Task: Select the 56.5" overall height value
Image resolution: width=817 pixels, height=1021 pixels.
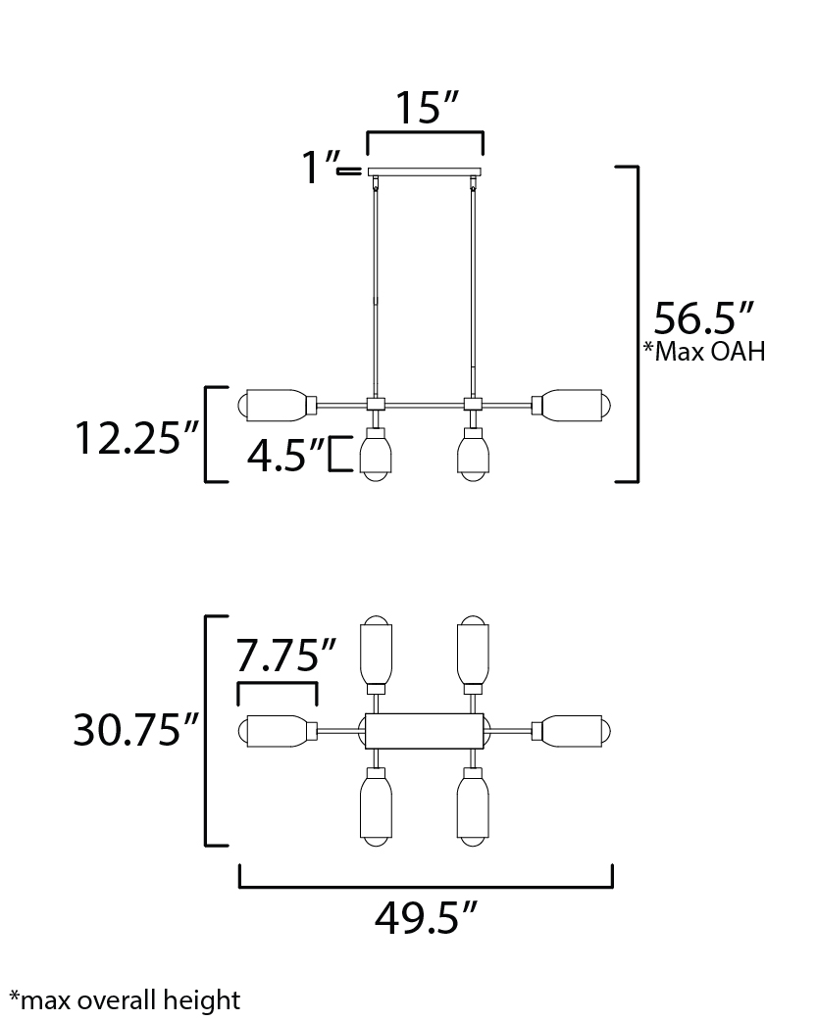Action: (x=703, y=318)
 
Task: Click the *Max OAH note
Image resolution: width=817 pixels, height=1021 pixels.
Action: (x=704, y=352)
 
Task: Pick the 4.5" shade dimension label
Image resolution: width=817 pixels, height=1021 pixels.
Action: (x=285, y=455)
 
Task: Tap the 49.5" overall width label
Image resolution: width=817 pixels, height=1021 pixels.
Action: (x=427, y=918)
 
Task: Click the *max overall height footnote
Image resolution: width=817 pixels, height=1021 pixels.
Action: (x=125, y=1000)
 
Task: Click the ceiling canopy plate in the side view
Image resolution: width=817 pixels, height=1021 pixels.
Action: (x=425, y=171)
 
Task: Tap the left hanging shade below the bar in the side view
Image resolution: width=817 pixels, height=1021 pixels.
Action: (x=376, y=456)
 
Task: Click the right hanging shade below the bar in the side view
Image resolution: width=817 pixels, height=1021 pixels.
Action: (x=473, y=456)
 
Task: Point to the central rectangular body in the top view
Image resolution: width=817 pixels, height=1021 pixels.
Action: (x=425, y=731)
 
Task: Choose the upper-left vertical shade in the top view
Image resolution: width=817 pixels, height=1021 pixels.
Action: (x=377, y=656)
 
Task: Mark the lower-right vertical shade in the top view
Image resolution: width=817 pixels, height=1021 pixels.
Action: (x=473, y=806)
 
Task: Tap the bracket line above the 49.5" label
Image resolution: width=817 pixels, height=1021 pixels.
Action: (x=427, y=886)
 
